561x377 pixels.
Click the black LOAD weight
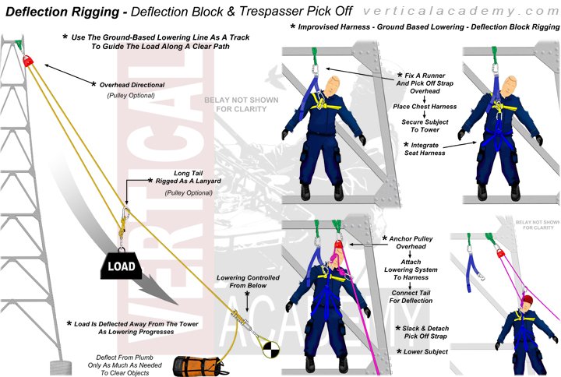122,266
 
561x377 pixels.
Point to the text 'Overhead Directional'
132,83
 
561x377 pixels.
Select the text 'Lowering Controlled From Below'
247,282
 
